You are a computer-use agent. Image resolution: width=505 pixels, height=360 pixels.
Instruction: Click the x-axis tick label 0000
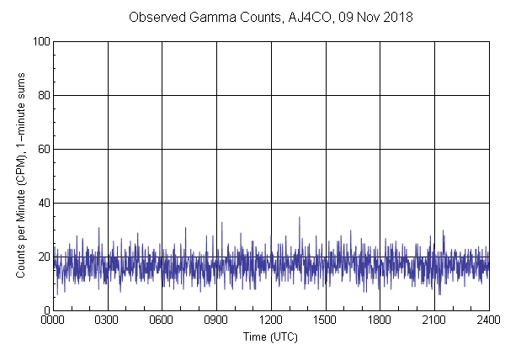click(53, 321)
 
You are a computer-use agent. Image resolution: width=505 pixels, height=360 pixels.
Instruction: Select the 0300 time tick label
click(108, 321)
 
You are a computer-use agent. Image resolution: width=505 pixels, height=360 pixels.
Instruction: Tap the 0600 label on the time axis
click(162, 321)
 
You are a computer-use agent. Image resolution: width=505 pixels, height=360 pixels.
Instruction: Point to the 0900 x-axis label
click(216, 321)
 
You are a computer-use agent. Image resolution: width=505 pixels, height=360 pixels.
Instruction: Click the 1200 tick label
click(271, 321)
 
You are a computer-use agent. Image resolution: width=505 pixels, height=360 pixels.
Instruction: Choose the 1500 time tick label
click(326, 321)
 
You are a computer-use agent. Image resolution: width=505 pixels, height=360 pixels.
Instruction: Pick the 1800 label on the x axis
click(380, 321)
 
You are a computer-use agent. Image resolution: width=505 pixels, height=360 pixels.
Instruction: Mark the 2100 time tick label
click(434, 321)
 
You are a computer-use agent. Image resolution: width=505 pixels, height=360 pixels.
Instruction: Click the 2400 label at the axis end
click(488, 321)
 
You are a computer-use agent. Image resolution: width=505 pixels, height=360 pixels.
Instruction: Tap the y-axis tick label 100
click(40, 41)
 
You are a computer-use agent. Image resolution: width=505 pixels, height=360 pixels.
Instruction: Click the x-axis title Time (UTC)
click(270, 336)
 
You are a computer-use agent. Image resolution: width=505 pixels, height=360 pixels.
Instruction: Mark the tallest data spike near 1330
click(299, 218)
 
